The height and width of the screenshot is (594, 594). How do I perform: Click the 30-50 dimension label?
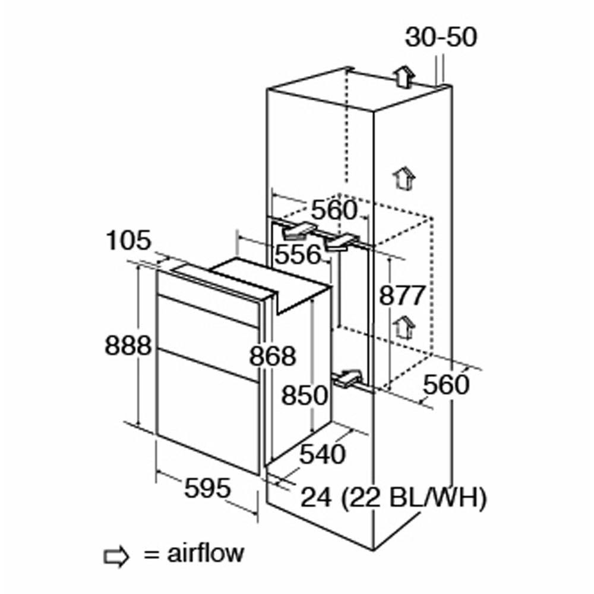click(441, 37)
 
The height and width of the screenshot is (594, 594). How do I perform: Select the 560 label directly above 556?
click(334, 210)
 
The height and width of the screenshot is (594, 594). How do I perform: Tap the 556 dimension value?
click(298, 254)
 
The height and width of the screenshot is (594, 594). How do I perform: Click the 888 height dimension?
click(128, 346)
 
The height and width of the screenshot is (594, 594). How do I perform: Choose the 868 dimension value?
click(273, 356)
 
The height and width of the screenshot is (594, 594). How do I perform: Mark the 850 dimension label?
click(305, 395)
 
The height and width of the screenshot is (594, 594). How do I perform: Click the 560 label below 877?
click(446, 384)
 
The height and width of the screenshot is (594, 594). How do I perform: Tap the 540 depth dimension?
click(323, 454)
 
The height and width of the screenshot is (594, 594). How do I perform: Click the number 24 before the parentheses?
click(316, 498)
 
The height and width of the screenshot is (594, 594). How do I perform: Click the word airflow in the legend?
click(206, 554)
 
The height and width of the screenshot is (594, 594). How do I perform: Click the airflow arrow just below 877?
click(404, 327)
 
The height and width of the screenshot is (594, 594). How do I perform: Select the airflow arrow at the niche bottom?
click(347, 379)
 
